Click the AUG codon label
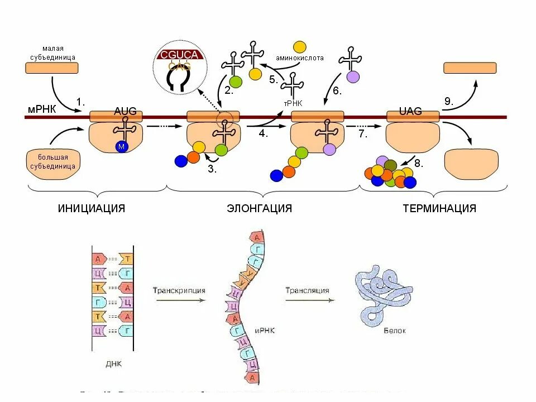(125, 111)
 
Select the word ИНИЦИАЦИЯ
(91, 208)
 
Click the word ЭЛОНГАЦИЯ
(260, 208)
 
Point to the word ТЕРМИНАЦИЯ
(439, 208)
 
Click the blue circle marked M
(122, 146)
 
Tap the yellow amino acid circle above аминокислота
(300, 47)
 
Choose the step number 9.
(449, 101)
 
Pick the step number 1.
(81, 102)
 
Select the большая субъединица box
(53, 160)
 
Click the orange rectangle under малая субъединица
(52, 68)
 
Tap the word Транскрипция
(179, 290)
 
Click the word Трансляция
(307, 290)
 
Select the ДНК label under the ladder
(113, 363)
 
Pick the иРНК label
(266, 331)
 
